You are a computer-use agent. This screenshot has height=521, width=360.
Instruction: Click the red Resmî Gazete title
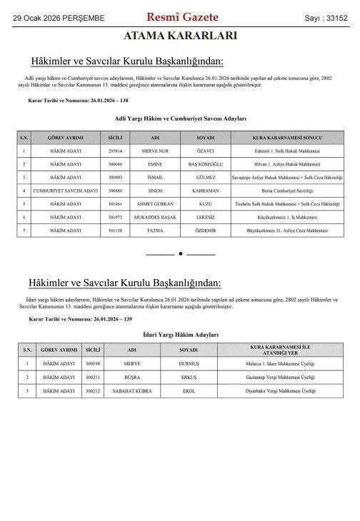182,16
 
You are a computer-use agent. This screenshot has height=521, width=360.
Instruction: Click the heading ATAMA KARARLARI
180,36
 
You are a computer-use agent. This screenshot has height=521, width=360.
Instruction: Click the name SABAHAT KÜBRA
131,390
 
